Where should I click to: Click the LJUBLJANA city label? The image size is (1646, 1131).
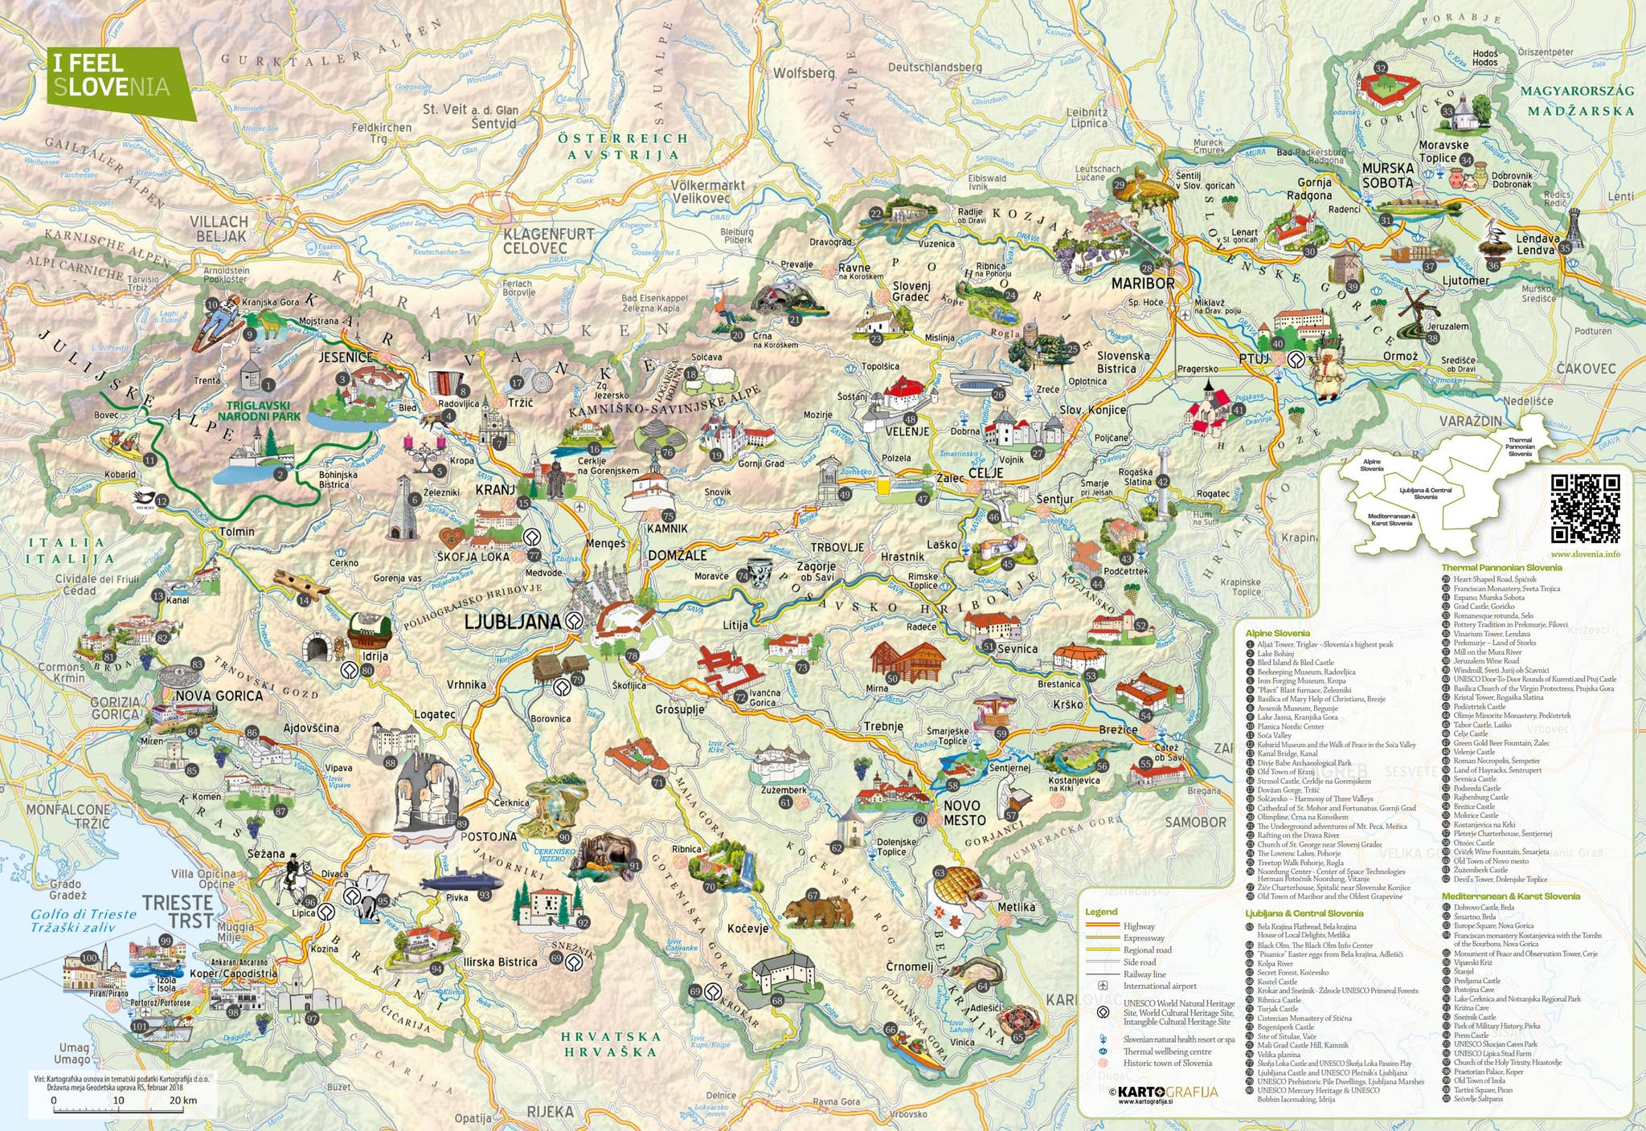pos(513,621)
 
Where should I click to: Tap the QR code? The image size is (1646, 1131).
pos(1585,508)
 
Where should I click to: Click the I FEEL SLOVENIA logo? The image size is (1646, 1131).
pos(113,76)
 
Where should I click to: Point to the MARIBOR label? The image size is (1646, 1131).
pos(1143,284)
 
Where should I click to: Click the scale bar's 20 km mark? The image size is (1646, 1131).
pos(177,1100)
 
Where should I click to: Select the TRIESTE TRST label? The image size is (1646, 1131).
pos(178,912)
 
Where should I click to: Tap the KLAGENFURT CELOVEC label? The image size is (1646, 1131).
pos(548,241)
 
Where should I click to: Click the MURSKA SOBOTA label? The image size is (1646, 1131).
pos(1387,175)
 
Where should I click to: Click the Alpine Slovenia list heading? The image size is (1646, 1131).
pos(1277,634)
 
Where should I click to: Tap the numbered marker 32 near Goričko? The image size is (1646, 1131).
pos(1381,68)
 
